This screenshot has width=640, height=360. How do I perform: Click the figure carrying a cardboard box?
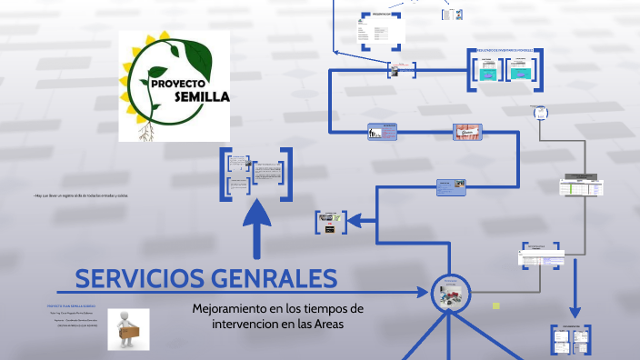[x=127, y=328]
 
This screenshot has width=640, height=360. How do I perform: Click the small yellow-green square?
[x=495, y=305]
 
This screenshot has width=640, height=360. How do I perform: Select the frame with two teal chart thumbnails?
[x=505, y=70]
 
